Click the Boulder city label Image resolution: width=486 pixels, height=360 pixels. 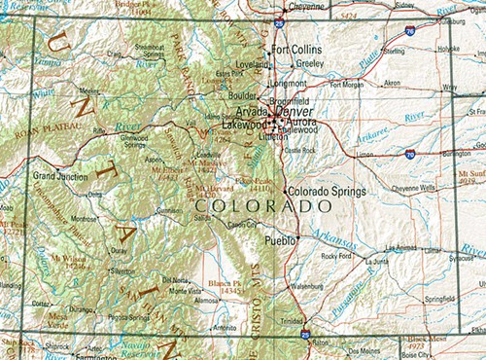tap(242, 95)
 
